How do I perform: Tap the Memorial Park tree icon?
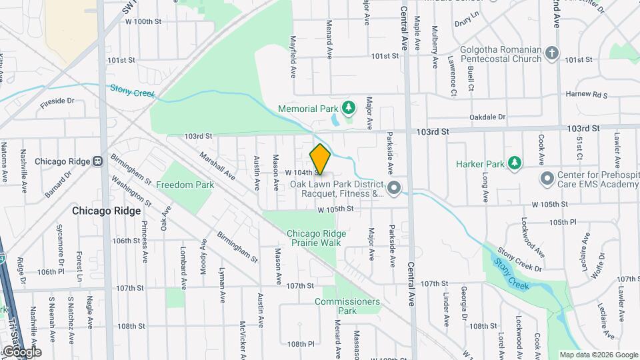[x=347, y=107]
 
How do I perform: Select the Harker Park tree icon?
[x=514, y=163]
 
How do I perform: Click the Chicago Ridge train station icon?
[x=98, y=161]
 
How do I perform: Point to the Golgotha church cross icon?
[x=551, y=53]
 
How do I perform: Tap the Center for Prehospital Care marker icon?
[x=547, y=179]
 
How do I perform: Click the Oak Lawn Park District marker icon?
[x=393, y=188]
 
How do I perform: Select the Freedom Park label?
[x=185, y=184]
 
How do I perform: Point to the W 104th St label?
[x=299, y=172]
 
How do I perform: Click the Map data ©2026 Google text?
[x=598, y=355]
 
